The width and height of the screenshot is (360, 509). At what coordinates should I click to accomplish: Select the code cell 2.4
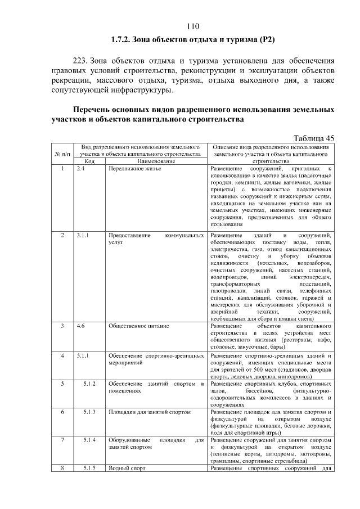80,169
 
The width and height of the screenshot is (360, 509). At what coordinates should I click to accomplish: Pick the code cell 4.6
80,326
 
